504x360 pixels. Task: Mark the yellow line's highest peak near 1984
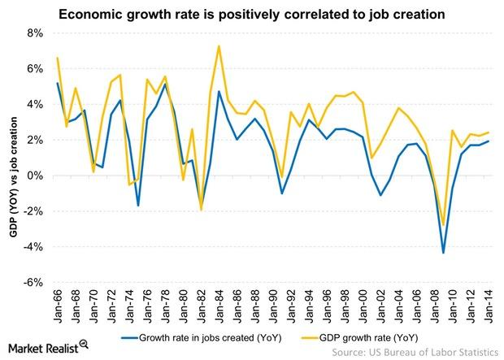click(219, 46)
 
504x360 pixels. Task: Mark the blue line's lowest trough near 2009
click(444, 253)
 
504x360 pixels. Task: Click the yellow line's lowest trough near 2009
click(444, 225)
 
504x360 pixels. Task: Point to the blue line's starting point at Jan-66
click(57, 83)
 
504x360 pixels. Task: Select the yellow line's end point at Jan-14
click(489, 132)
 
